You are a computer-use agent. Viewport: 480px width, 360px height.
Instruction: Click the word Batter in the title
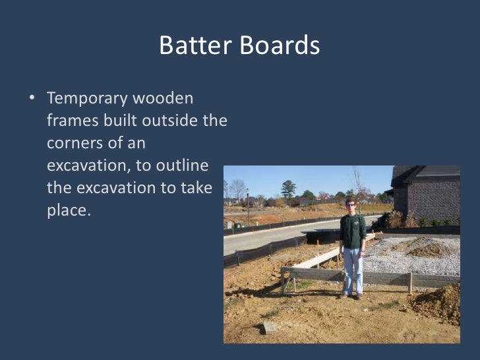191,46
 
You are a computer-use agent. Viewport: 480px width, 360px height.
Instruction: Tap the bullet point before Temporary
32,100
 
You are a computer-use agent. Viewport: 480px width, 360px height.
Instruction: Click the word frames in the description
69,121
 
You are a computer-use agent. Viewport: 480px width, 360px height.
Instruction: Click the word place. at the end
67,210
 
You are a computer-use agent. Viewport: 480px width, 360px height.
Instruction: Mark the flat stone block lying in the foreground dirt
269,327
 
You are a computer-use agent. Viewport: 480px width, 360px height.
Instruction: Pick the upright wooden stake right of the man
409,282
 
